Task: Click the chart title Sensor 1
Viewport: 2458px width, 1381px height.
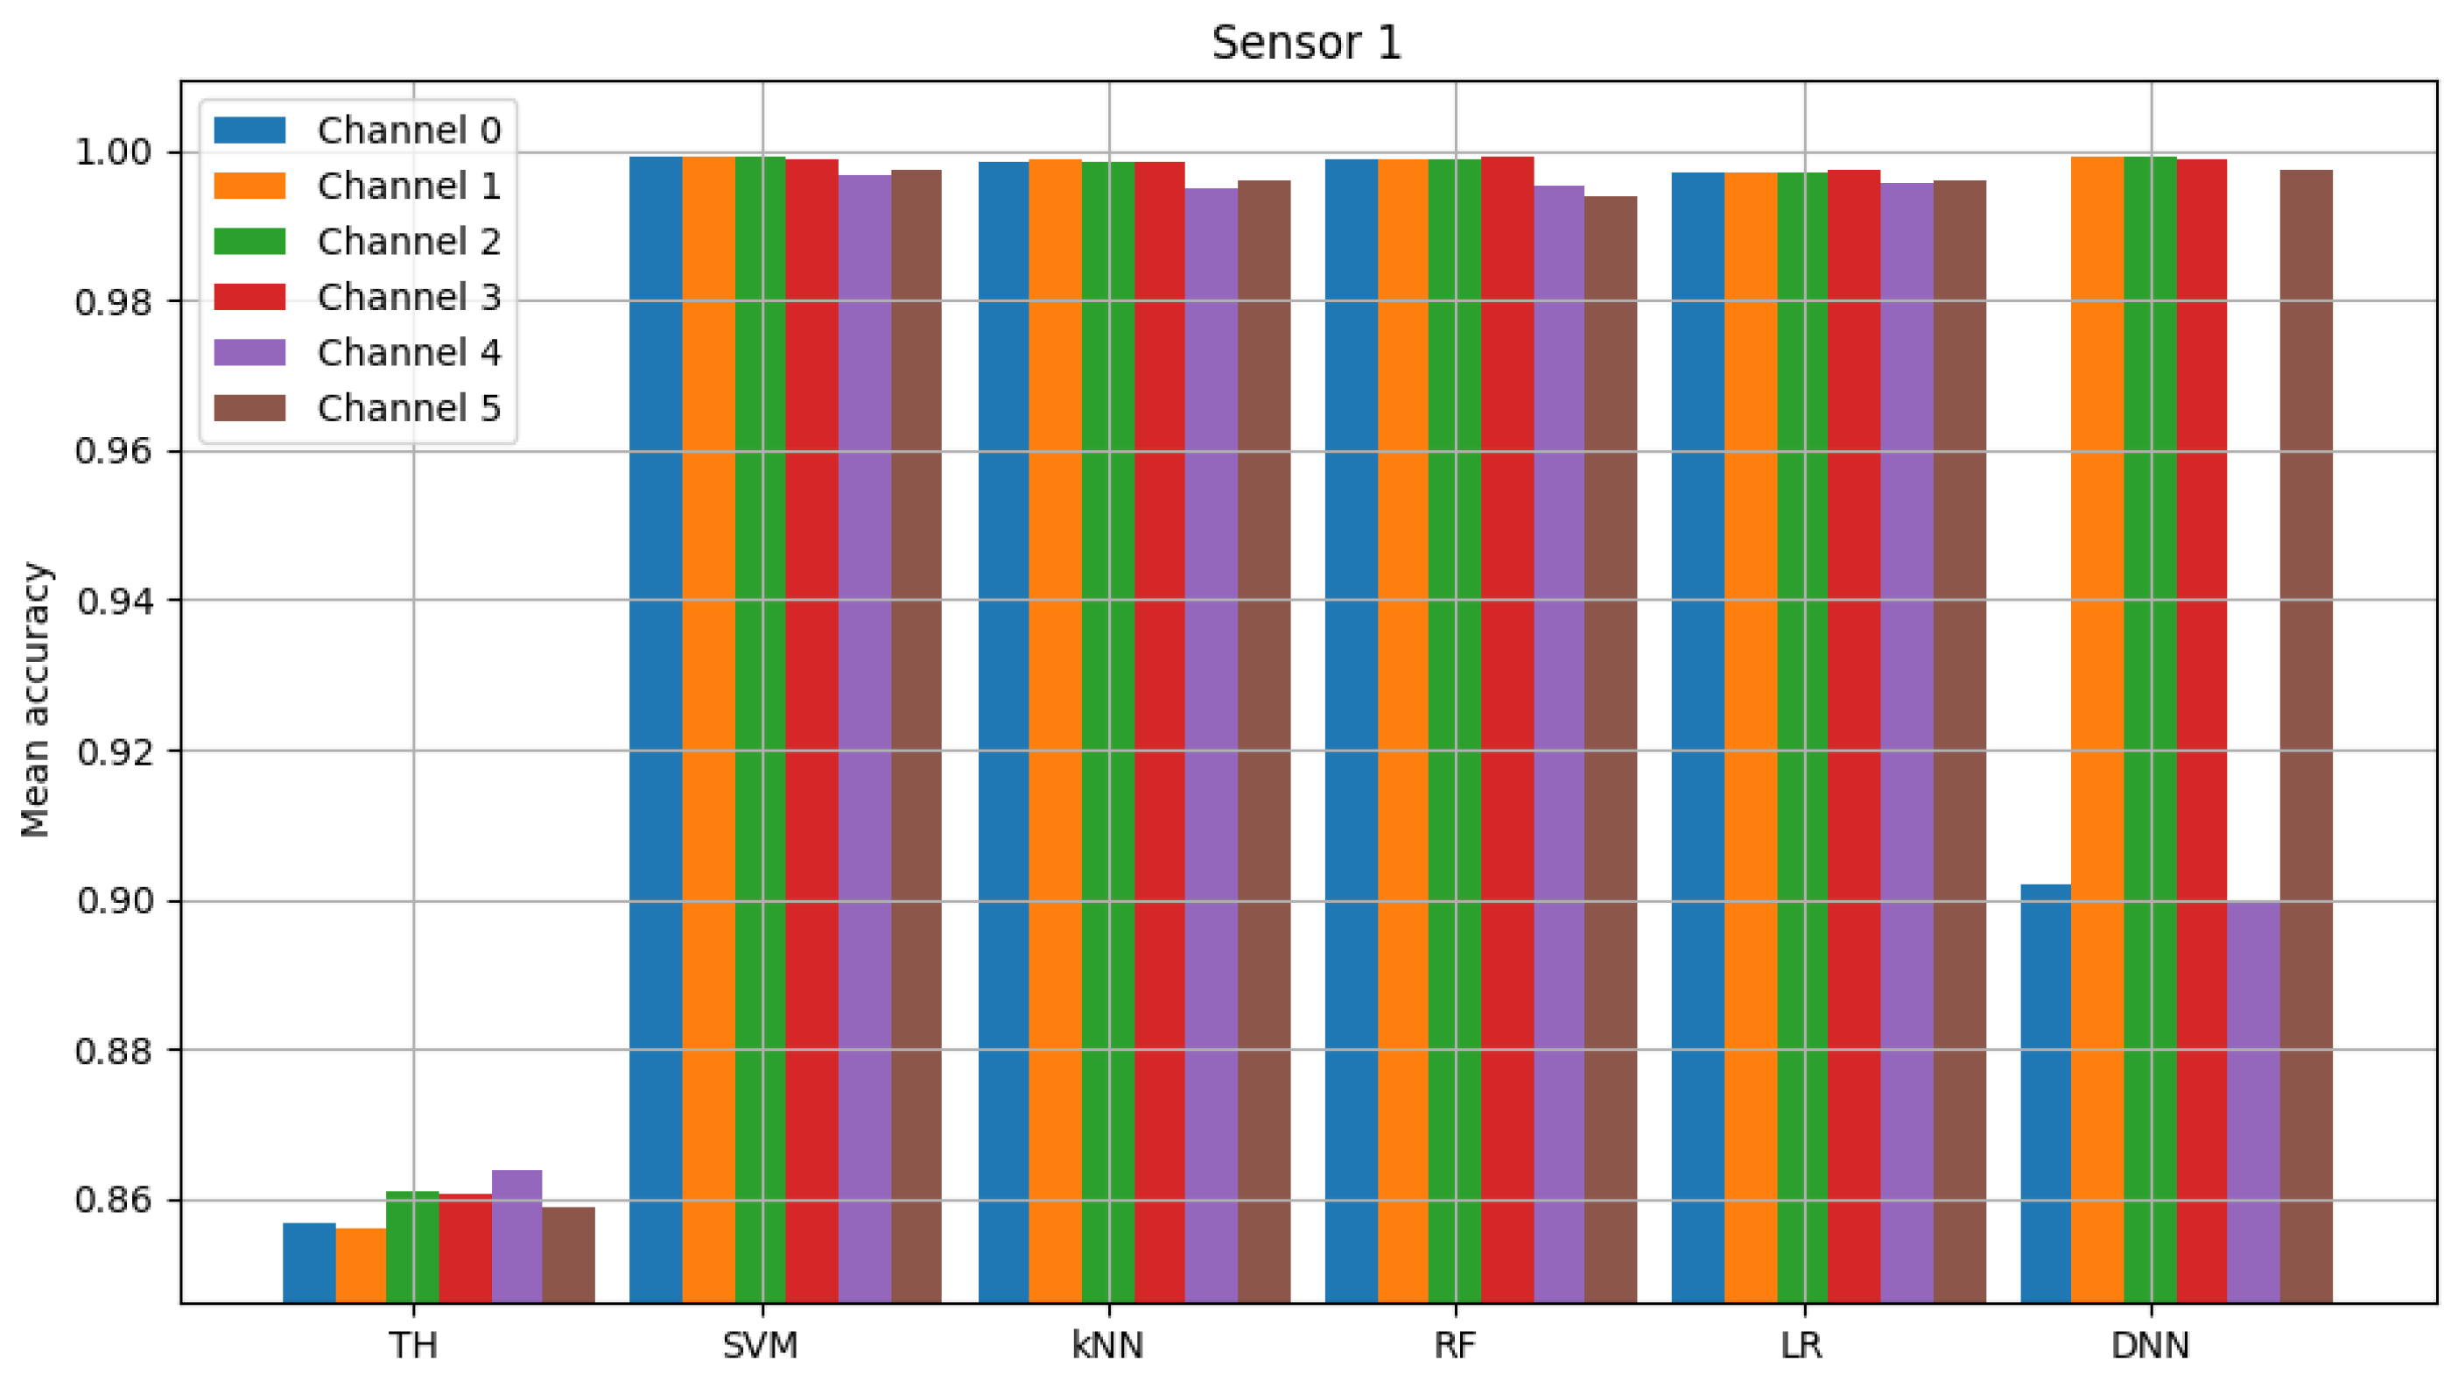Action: click(x=1306, y=43)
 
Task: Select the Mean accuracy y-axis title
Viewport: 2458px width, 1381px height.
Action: click(x=35, y=700)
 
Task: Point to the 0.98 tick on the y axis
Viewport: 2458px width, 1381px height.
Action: click(x=113, y=302)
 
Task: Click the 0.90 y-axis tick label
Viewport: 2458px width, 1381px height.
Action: click(x=113, y=901)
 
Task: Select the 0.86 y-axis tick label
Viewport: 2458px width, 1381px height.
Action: click(x=113, y=1200)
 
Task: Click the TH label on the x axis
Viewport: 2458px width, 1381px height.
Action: click(x=413, y=1346)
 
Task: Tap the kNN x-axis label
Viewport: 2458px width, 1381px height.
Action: click(x=1108, y=1346)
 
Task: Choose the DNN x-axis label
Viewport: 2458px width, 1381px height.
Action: click(x=2150, y=1346)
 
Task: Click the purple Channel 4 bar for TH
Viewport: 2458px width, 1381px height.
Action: click(x=516, y=1236)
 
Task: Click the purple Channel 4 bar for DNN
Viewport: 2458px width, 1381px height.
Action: click(x=2253, y=1102)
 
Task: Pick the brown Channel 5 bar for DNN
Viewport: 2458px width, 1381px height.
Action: click(x=2306, y=735)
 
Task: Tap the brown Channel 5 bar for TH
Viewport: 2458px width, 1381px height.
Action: click(x=568, y=1254)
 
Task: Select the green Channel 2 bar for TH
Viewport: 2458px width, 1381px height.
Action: click(x=412, y=1246)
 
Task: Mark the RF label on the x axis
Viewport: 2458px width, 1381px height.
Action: click(x=1455, y=1346)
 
